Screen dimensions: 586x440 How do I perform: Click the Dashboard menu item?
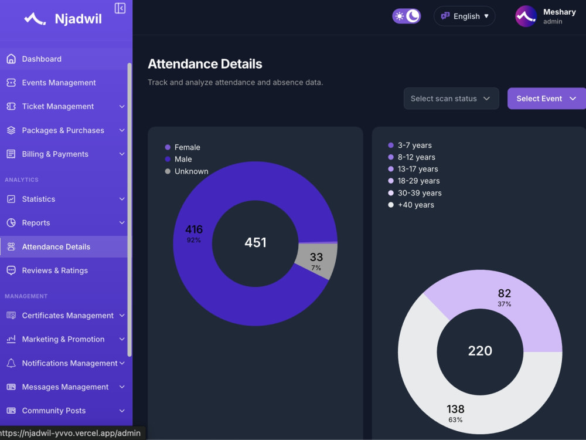point(42,59)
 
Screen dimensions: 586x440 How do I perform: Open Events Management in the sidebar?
point(59,83)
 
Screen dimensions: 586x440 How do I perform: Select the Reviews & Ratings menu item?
point(55,270)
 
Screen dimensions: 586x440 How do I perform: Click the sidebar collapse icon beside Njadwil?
point(120,8)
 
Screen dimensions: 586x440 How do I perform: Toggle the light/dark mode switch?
point(406,16)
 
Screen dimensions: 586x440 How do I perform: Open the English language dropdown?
point(465,16)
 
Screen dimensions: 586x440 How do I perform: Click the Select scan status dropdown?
point(451,99)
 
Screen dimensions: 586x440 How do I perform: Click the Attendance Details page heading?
point(205,64)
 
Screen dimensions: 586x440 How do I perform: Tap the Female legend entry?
point(183,147)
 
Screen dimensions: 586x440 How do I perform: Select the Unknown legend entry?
point(186,171)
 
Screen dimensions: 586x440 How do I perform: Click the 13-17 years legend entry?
point(413,169)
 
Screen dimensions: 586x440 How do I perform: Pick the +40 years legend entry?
point(411,205)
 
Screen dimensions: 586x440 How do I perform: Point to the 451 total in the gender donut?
point(255,242)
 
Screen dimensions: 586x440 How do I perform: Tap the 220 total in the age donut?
point(481,351)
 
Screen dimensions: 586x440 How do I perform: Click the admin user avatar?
point(526,16)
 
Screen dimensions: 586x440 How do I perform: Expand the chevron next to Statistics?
point(122,199)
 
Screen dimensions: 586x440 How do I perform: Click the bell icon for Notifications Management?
point(11,363)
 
